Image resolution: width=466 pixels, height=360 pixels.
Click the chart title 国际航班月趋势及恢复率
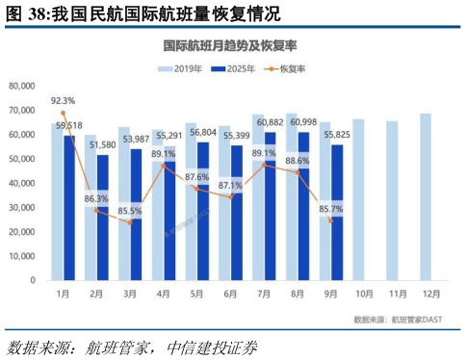[x=232, y=45]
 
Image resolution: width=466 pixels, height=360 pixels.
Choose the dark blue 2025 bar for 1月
[x=69, y=207]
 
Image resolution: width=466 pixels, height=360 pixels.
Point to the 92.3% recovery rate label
[x=63, y=100]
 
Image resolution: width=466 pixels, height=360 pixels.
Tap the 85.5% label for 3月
[x=129, y=210]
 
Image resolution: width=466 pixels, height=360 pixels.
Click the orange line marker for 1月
[x=64, y=113]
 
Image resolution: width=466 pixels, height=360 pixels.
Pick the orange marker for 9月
[x=331, y=220]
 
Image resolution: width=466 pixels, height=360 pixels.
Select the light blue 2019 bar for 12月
[x=425, y=196]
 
